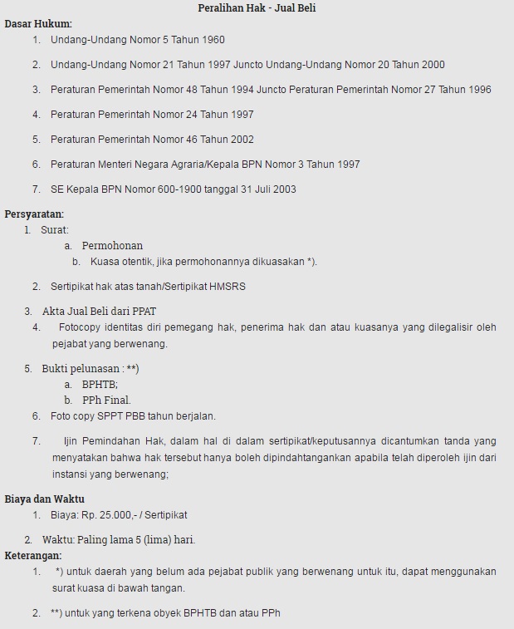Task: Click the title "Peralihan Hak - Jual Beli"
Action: [x=257, y=8]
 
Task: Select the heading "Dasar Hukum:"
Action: [x=38, y=23]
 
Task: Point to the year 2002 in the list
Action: [x=241, y=139]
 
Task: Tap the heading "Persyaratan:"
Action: [x=34, y=214]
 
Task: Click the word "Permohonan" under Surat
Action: [x=112, y=245]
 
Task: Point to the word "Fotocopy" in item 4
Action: [x=80, y=327]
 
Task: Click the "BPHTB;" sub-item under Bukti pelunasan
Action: [x=100, y=384]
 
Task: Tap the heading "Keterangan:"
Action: [x=33, y=555]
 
